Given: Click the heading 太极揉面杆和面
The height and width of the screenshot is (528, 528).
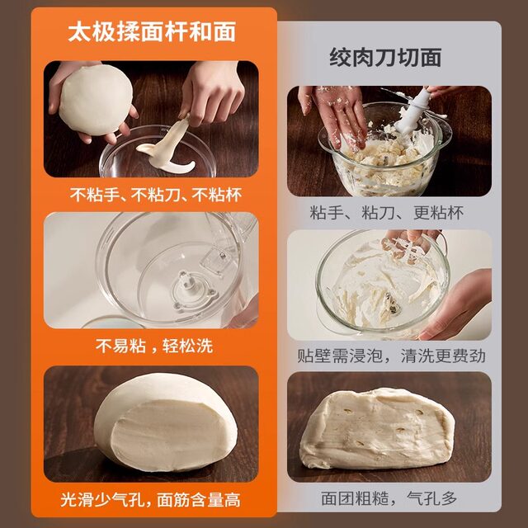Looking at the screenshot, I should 152,32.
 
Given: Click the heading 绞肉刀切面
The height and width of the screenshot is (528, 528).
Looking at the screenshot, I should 385,57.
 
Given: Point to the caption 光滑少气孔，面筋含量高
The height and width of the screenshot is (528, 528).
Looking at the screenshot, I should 152,500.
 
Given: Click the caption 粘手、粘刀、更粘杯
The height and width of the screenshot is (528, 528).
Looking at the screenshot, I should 387,212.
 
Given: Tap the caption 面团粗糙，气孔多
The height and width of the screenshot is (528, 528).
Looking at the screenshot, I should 387,499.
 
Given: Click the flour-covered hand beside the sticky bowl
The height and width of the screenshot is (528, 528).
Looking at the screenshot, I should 334,111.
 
